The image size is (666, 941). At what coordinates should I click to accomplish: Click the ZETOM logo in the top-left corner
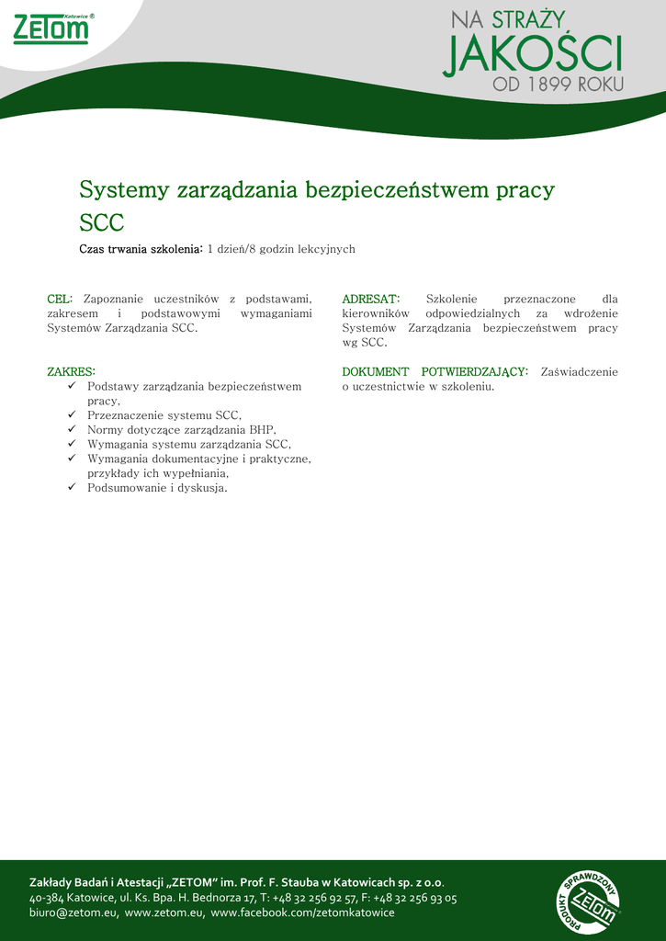coord(52,29)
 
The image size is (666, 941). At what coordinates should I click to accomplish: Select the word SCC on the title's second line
coord(101,223)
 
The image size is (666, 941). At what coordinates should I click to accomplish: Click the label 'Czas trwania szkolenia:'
coord(141,249)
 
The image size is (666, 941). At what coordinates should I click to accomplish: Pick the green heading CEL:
coord(60,300)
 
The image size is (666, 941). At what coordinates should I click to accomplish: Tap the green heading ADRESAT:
coord(370,300)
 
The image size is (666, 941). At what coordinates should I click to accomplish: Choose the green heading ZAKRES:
coord(71,372)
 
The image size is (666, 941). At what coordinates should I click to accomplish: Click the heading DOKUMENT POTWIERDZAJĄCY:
coord(435,372)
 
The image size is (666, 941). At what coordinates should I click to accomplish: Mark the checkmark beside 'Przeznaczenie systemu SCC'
coord(73,415)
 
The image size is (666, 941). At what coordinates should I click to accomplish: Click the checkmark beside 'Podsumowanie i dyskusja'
coord(73,487)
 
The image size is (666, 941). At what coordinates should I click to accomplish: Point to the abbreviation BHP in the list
coord(262,429)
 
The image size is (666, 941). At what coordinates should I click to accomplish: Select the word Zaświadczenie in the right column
coord(579,372)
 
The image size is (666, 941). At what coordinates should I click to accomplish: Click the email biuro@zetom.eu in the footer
coord(73,913)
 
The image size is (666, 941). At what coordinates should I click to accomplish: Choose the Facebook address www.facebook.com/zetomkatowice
coord(302,913)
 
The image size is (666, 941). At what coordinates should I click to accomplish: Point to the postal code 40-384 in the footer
coord(46,898)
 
